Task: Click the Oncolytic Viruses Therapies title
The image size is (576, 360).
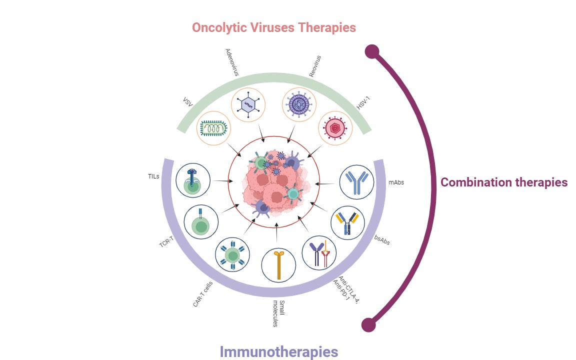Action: (273, 27)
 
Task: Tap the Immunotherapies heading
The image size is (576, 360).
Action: (279, 351)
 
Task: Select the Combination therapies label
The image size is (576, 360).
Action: (503, 182)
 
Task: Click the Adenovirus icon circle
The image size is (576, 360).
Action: (248, 104)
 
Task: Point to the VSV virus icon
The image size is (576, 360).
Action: (214, 128)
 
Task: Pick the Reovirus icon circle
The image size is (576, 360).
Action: (299, 104)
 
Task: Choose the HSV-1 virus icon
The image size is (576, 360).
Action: (335, 127)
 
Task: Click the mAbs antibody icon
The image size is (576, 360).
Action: (356, 182)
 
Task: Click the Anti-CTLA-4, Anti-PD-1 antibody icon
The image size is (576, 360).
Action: (319, 252)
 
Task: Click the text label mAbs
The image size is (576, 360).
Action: (396, 182)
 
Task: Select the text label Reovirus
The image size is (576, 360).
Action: (314, 66)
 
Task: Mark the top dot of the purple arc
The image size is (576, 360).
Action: (371, 51)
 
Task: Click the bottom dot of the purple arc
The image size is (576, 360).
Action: (368, 324)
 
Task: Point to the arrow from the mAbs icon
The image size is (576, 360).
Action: (326, 184)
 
